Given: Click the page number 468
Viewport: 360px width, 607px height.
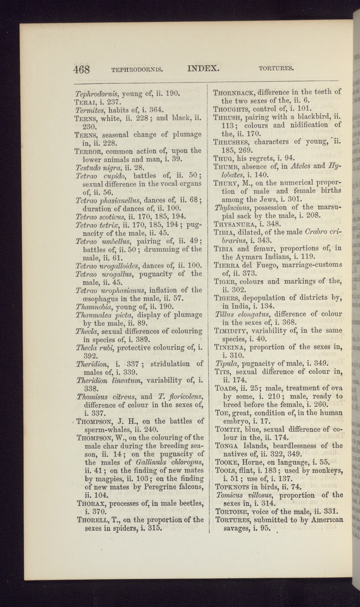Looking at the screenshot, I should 81,70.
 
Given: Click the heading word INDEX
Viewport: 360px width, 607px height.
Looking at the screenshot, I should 203,68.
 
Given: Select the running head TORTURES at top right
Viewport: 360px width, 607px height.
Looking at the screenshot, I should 276,69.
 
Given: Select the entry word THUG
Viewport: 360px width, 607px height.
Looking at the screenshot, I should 223,158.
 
